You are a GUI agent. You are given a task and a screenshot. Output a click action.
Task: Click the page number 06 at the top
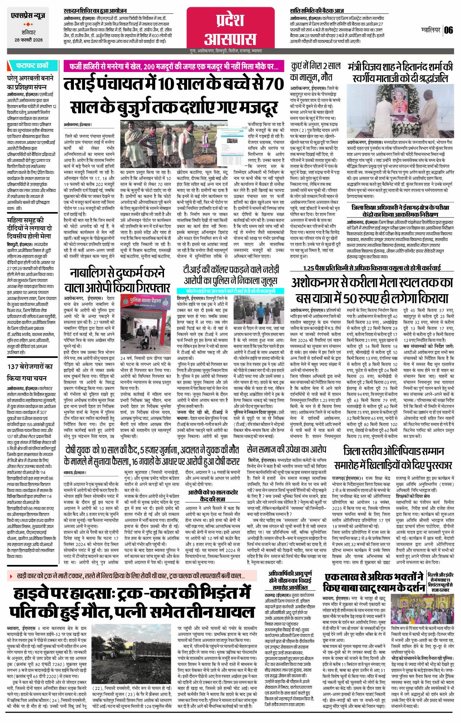click(x=448, y=30)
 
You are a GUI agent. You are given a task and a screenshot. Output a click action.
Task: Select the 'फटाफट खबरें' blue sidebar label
click(x=32, y=66)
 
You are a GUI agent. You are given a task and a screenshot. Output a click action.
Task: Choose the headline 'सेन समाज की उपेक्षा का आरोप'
click(x=287, y=449)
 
